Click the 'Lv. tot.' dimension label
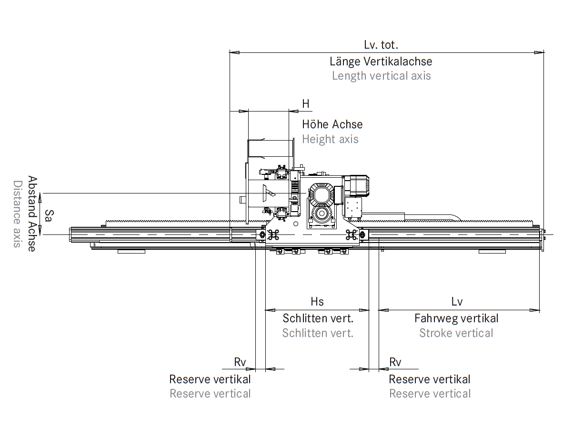(381, 45)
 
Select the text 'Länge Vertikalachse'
(381, 61)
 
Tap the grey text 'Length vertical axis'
(382, 76)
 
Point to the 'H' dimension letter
(306, 104)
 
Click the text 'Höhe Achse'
(332, 124)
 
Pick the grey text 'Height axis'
(331, 139)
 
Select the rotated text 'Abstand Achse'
(32, 214)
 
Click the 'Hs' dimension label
(317, 302)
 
